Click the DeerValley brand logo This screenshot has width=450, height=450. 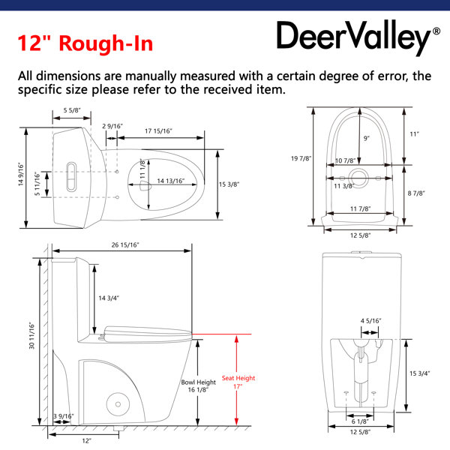coord(358,37)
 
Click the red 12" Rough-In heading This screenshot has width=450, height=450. coord(85,43)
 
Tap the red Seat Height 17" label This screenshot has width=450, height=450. coord(238,382)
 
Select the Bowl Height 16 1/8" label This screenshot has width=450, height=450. coord(198,385)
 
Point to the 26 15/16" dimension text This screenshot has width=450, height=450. coord(125,244)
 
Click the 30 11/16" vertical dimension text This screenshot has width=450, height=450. coord(31,336)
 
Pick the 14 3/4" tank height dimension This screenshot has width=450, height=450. coord(109,298)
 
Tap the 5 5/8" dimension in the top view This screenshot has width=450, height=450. coord(72,110)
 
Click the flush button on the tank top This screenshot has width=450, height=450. coord(71,176)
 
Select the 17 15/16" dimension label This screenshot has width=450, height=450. coord(158,131)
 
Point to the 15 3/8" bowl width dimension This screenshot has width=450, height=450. coord(229,184)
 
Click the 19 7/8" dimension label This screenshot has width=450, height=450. coord(301,158)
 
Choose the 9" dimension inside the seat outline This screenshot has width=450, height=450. coord(367,138)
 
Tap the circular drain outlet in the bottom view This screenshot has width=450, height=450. coord(358,178)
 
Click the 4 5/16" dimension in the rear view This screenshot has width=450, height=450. coord(370,321)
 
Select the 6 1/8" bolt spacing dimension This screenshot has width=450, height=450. coord(360,421)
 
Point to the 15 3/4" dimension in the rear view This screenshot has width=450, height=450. coord(419,373)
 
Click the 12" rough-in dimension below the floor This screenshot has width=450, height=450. coord(87,440)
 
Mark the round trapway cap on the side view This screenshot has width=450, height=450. coord(118,404)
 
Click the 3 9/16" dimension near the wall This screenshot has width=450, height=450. coord(64,416)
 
